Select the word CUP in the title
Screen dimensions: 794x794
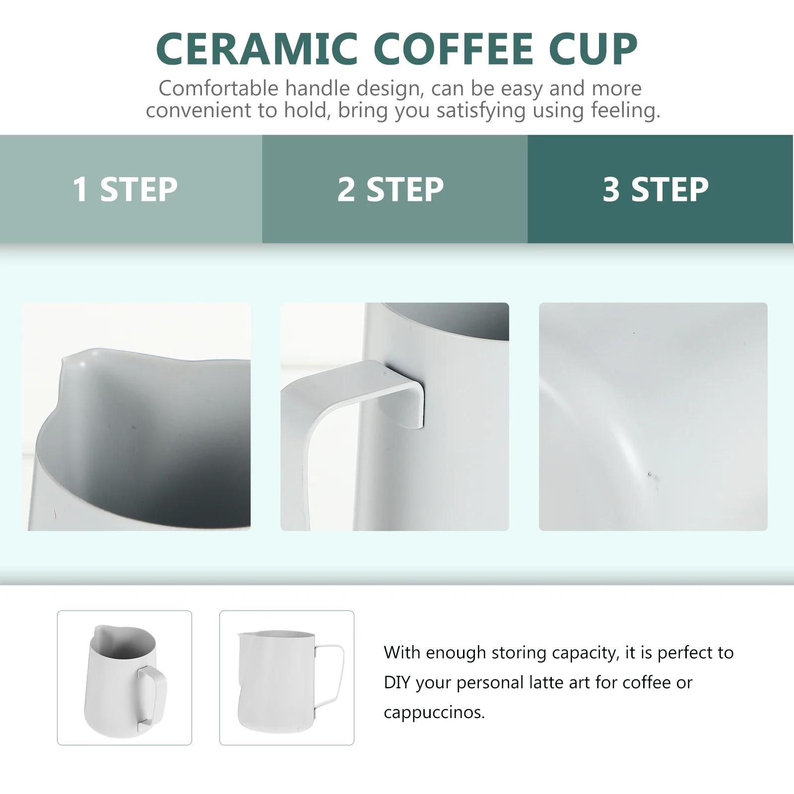(x=593, y=49)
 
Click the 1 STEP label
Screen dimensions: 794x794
(x=125, y=189)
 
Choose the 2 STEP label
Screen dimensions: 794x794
(x=391, y=189)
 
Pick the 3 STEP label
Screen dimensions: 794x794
(x=656, y=189)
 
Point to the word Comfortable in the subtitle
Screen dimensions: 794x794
(x=219, y=89)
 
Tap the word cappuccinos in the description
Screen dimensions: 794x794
(x=433, y=713)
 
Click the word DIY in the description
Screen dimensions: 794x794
(x=397, y=683)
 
